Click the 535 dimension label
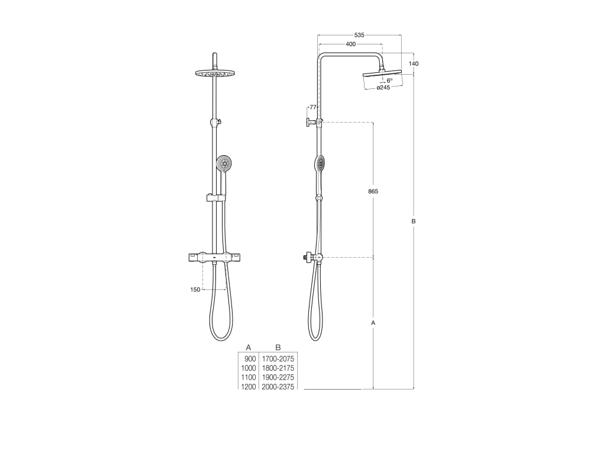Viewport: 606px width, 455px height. pyautogui.click(x=359, y=35)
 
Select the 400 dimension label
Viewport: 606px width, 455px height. pyautogui.click(x=350, y=44)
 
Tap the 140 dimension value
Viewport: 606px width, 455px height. pyautogui.click(x=414, y=64)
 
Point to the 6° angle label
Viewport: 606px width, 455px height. pyautogui.click(x=389, y=81)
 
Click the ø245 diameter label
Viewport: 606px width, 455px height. pyautogui.click(x=383, y=88)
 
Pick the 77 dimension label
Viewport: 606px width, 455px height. pyautogui.click(x=313, y=107)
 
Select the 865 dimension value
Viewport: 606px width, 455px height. pyautogui.click(x=373, y=191)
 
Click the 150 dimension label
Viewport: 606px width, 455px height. pyautogui.click(x=195, y=290)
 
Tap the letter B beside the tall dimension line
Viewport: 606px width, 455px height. pyautogui.click(x=414, y=222)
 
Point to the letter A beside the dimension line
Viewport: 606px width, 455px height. pyautogui.click(x=373, y=323)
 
